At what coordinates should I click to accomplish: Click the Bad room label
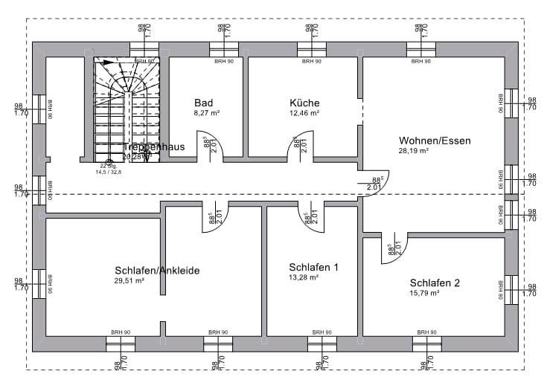[204, 103]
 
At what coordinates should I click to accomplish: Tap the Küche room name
[304, 103]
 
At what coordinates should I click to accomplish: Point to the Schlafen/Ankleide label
[157, 271]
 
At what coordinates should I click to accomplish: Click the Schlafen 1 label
[313, 266]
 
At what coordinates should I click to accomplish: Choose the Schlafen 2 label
[435, 283]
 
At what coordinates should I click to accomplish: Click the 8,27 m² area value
[206, 114]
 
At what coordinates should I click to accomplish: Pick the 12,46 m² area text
[304, 114]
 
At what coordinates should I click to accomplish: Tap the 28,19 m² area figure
[414, 150]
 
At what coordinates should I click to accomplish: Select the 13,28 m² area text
[304, 277]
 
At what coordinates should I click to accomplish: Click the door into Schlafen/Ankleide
[213, 219]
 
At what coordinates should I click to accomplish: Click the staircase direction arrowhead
[109, 63]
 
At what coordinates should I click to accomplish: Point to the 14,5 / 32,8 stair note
[108, 172]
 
